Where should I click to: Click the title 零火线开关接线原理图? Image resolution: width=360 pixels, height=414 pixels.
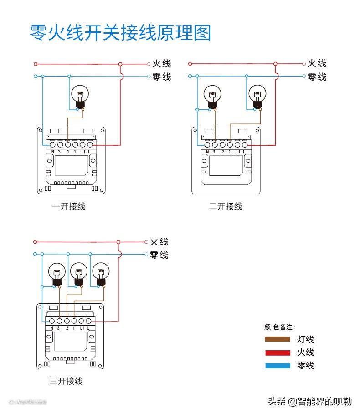(x=120, y=33)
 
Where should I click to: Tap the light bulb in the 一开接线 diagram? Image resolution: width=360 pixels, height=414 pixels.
(x=80, y=97)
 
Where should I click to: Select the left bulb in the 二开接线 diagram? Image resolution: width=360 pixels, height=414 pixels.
(x=212, y=96)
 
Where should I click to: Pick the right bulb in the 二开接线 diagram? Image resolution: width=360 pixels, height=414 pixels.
(x=257, y=96)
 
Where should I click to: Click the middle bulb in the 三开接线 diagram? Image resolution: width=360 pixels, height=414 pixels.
(x=79, y=273)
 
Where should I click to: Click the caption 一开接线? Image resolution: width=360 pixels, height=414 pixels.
(x=69, y=206)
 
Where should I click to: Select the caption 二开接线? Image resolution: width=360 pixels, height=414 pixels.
(x=226, y=206)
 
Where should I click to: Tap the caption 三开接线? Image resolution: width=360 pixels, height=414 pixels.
(x=66, y=381)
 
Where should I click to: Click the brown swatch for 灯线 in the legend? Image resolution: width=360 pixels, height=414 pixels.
(x=278, y=339)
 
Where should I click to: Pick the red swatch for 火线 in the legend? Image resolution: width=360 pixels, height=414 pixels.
(x=278, y=353)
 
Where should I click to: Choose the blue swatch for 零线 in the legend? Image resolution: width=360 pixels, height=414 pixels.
(x=278, y=365)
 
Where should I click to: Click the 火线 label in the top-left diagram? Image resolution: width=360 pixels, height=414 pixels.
(x=162, y=64)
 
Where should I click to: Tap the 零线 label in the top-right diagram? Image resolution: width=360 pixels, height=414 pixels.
(x=317, y=77)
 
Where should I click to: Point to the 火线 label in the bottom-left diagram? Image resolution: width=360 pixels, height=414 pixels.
(x=159, y=242)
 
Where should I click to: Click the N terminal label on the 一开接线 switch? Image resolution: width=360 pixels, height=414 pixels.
(x=53, y=152)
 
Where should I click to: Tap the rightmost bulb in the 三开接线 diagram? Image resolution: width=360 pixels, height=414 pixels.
(x=100, y=273)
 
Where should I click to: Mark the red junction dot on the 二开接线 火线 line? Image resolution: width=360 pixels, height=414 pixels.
(x=276, y=64)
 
